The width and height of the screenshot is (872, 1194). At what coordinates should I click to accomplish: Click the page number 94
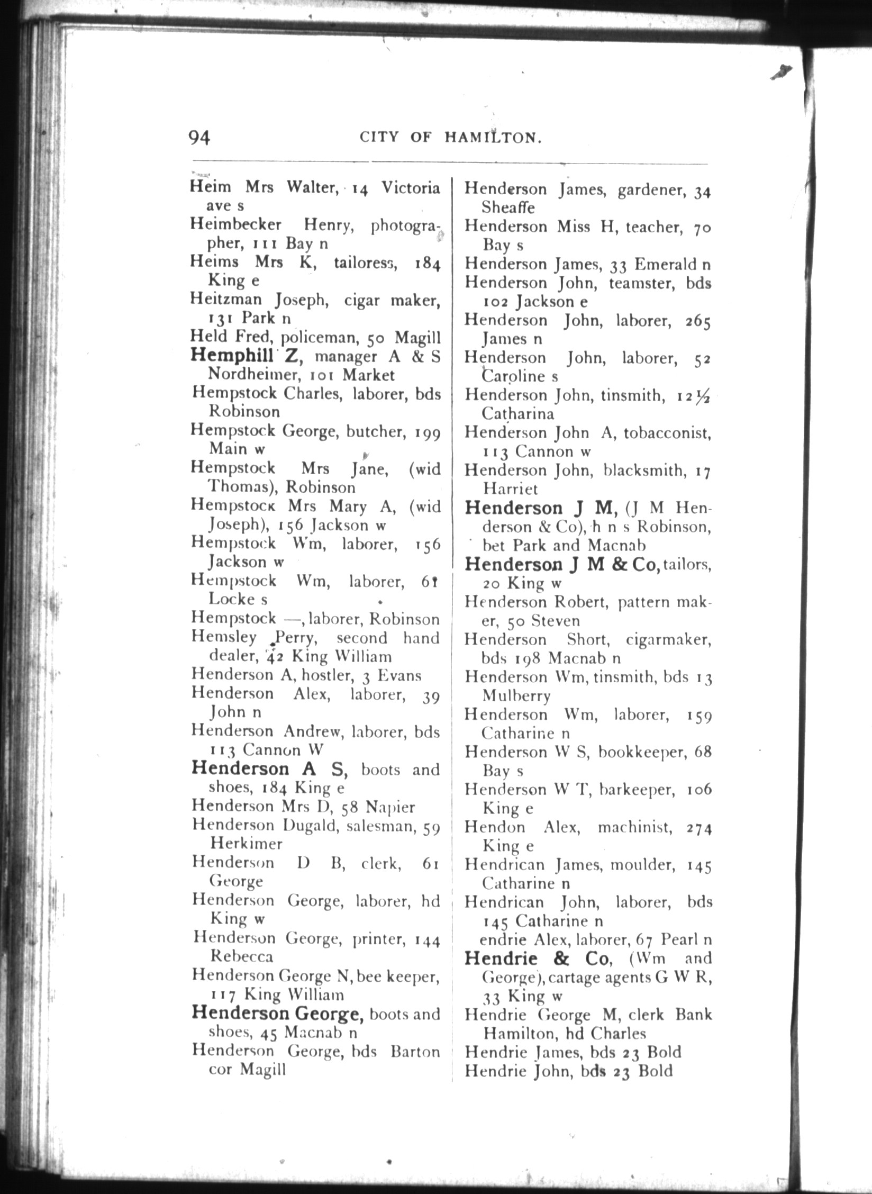pos(199,138)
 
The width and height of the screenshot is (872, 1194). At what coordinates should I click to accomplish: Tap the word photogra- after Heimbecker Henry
pos(405,226)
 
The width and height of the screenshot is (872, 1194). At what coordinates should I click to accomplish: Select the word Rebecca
pos(242,956)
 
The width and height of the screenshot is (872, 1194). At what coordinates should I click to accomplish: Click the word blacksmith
pos(643,471)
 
